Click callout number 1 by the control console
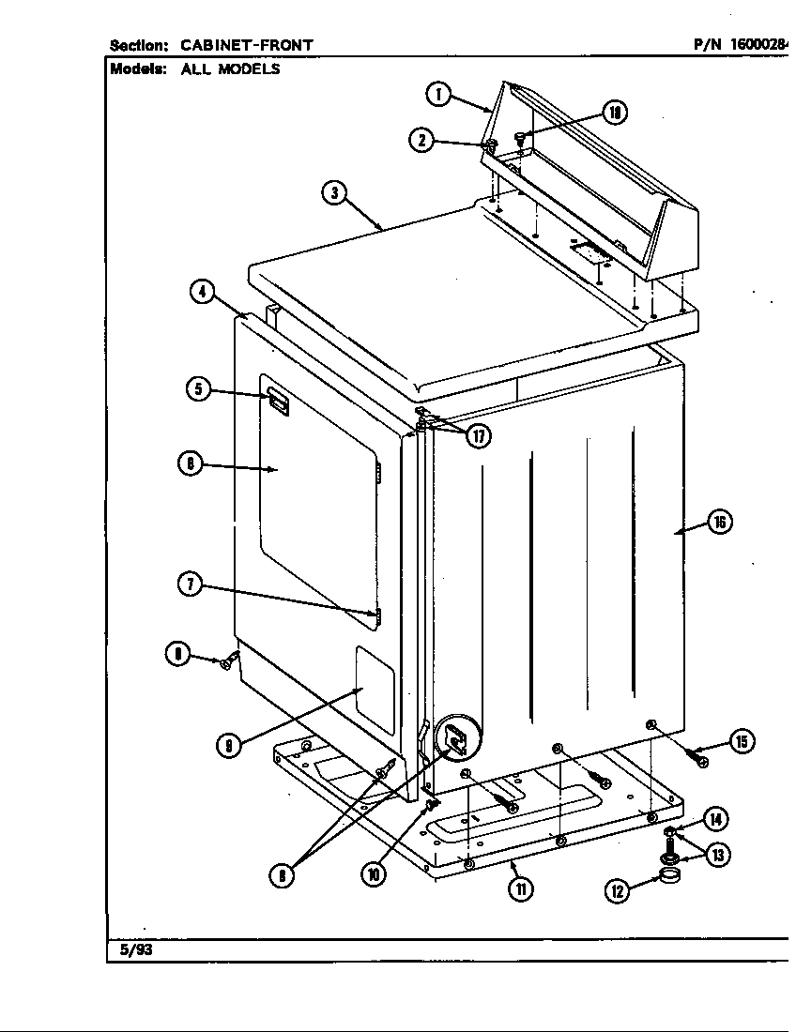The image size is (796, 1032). [438, 94]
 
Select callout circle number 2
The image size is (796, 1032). [422, 140]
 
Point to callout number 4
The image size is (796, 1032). [202, 292]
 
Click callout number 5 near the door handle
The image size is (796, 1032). [198, 389]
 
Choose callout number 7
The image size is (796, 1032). [190, 584]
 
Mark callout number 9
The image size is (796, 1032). [228, 747]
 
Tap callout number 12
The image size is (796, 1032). [617, 891]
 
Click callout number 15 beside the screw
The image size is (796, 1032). [741, 742]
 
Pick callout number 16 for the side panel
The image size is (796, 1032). [719, 523]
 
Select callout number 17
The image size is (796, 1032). [480, 436]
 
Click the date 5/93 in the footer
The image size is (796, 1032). [136, 949]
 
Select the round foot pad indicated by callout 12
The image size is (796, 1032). [669, 878]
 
